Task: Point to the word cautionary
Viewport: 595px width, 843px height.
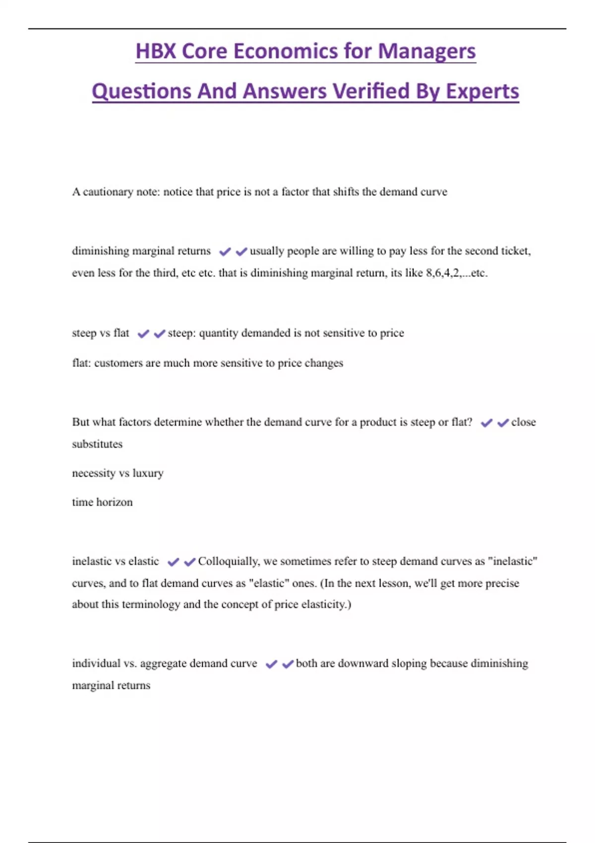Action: [x=108, y=192]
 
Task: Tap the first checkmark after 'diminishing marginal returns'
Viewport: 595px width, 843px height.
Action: [x=225, y=251]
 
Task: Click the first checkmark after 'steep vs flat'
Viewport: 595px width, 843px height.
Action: [x=143, y=334]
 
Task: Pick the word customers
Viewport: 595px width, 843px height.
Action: [x=119, y=363]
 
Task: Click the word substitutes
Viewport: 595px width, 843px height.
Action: [x=97, y=444]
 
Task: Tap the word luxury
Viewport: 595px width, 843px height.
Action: [x=148, y=473]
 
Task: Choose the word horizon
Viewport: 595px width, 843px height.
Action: [x=115, y=502]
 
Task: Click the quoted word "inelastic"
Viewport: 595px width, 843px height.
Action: [x=513, y=561]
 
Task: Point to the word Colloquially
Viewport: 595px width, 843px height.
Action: [x=229, y=561]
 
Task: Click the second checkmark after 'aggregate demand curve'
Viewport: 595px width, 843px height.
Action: [x=288, y=664]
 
